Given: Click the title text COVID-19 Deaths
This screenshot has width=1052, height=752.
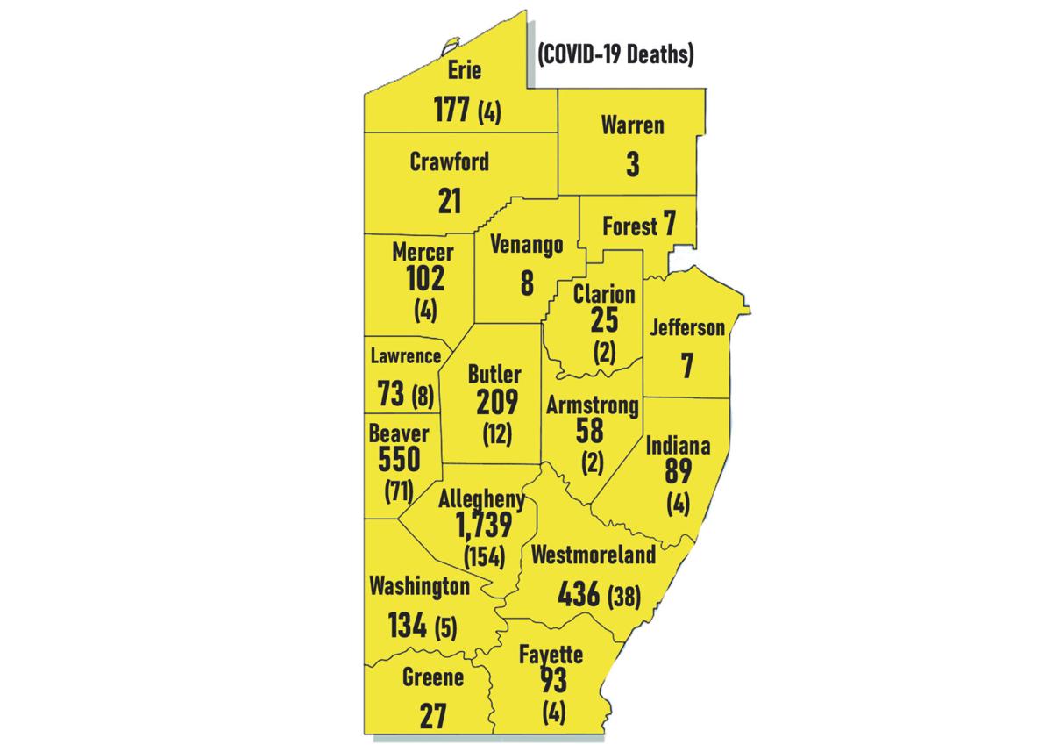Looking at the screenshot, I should [615, 55].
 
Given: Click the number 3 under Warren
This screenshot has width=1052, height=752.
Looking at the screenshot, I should [633, 164].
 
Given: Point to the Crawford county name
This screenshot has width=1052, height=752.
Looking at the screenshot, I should [450, 162].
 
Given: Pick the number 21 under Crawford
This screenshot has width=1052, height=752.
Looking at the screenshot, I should [450, 200].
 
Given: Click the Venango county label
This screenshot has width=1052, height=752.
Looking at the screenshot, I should [526, 246].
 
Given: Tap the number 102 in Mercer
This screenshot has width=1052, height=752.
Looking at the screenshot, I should [424, 279].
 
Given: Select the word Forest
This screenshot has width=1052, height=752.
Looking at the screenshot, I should [629, 226].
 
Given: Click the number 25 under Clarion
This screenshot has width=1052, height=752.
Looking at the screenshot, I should [604, 320].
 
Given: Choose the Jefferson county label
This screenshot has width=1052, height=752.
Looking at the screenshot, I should [687, 328].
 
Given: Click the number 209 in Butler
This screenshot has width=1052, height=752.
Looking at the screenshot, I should [498, 402].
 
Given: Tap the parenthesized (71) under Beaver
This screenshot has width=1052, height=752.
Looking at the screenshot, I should [399, 490].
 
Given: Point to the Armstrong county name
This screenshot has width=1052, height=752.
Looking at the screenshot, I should [593, 405].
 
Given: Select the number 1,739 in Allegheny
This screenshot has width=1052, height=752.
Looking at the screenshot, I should [484, 525].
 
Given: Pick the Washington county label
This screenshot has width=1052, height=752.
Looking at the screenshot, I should [419, 585].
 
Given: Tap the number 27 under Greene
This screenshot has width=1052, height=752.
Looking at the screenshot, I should [433, 714].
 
